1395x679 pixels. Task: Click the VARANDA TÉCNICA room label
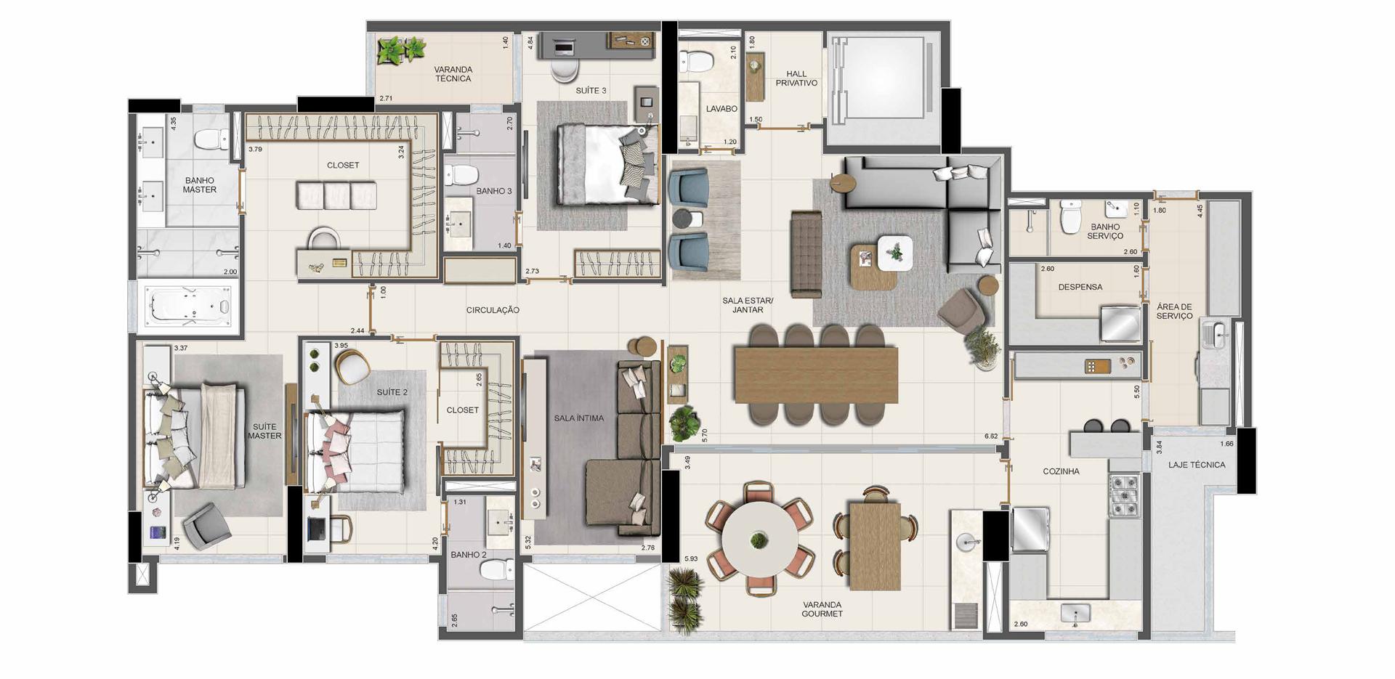coord(453,74)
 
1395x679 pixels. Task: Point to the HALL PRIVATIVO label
coord(796,78)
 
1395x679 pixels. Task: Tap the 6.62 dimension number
coord(991,436)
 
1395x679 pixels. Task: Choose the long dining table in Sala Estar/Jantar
coord(816,375)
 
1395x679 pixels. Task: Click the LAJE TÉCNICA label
coord(1197,465)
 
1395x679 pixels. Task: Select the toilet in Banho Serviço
coord(1070,217)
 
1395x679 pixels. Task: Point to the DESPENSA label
coord(1080,287)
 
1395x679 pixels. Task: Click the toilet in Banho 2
coord(496,570)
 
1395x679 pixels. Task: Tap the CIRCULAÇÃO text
coord(493,310)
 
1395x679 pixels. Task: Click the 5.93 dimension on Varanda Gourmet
coord(691,558)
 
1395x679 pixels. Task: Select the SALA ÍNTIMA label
coord(579,418)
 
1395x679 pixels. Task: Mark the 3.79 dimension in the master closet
coord(255,150)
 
